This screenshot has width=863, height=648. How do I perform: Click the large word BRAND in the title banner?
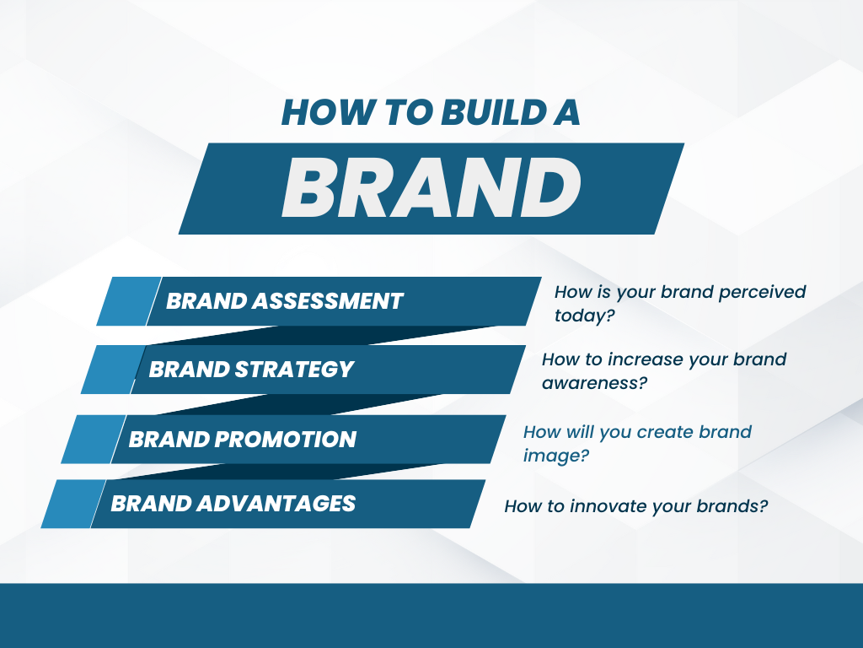point(431,188)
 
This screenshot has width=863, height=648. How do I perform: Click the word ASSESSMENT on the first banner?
point(328,301)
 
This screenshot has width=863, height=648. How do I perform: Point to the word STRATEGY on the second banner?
point(294,370)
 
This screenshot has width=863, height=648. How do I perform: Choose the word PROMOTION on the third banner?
point(285,439)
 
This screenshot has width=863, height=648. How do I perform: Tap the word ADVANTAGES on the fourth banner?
point(276,504)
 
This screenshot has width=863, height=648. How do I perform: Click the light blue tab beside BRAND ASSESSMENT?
point(129,301)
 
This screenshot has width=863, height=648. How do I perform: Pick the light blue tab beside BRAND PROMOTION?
point(94,439)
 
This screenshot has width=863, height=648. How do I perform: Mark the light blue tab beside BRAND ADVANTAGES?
point(73,504)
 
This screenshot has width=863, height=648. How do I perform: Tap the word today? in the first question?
point(584,316)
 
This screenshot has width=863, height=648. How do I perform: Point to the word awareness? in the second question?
point(594,383)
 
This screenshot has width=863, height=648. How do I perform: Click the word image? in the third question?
point(556,456)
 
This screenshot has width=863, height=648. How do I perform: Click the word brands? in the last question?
point(732,506)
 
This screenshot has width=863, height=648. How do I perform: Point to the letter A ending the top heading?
point(566,112)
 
